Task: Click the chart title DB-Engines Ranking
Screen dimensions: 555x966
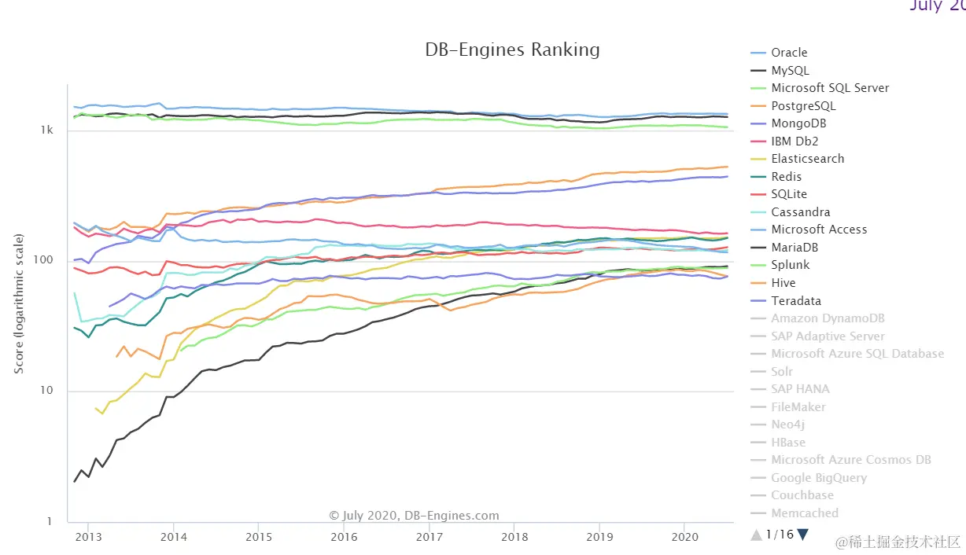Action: pos(512,50)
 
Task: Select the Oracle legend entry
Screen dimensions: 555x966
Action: pos(789,53)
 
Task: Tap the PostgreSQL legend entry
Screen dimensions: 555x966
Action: pos(803,106)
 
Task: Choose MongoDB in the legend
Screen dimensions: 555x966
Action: pos(798,123)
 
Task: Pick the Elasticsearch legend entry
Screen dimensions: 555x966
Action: pos(807,159)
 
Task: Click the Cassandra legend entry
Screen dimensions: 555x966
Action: pos(800,212)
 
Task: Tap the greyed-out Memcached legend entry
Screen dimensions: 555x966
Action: pos(805,513)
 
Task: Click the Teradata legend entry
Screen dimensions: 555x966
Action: pos(796,301)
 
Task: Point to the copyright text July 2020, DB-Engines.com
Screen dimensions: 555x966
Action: pos(414,516)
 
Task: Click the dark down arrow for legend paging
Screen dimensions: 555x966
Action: pos(802,535)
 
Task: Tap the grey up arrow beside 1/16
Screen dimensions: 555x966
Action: pos(756,535)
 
